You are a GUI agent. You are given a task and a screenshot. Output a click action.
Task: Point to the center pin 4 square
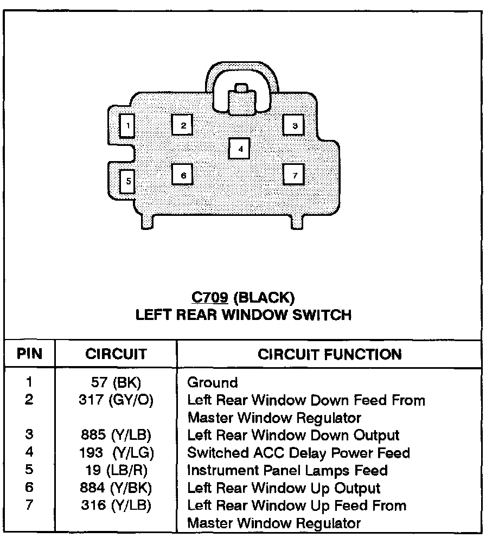click(239, 148)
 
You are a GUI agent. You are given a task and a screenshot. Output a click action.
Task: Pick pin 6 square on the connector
click(183, 175)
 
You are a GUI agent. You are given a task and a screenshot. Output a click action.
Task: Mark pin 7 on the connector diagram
click(294, 175)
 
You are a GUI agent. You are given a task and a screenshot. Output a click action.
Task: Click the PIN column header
click(29, 354)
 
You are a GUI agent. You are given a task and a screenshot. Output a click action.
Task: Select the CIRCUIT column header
click(116, 354)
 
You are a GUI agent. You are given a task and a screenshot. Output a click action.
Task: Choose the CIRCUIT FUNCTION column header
click(330, 354)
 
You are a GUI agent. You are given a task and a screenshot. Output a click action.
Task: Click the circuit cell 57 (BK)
click(116, 382)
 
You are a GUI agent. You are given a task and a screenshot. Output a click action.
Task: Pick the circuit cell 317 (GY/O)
click(116, 400)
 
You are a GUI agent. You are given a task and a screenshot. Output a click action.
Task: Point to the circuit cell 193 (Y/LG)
click(116, 453)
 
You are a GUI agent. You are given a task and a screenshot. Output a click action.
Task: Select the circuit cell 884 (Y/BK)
click(116, 488)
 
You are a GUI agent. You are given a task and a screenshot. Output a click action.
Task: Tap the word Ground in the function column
click(213, 383)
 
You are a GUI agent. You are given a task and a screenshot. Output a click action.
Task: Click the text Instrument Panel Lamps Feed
click(287, 470)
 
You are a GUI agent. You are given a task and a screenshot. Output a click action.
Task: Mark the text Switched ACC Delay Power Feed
click(298, 453)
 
